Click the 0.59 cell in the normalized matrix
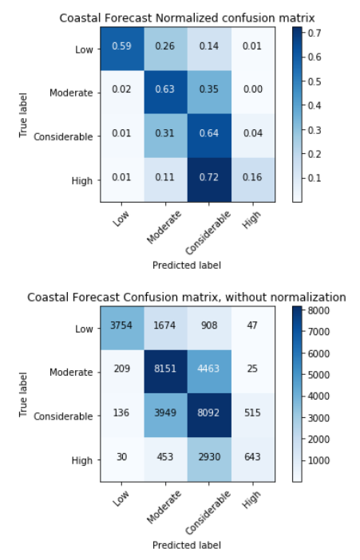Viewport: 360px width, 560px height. pos(122,48)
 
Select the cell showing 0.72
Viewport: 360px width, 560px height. pos(210,180)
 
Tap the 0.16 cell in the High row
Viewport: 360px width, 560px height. pos(254,180)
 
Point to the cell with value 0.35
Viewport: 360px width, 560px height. pos(210,92)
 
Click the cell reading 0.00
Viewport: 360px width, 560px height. pos(254,92)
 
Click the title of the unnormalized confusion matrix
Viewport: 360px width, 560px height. pos(188,297)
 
